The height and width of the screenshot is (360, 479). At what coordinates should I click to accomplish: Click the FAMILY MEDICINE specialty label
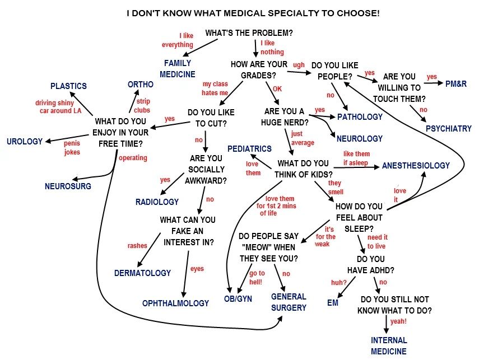point(178,68)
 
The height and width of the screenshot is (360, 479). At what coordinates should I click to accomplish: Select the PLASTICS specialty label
point(68,86)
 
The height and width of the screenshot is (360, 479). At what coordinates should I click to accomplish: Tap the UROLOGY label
point(25,142)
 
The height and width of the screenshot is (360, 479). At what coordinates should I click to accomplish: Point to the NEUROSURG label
point(68,186)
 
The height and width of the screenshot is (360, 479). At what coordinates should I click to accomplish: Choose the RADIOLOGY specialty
point(157,202)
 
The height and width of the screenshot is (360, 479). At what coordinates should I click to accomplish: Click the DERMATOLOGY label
point(142,273)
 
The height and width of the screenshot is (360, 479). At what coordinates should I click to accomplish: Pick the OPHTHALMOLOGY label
point(175,303)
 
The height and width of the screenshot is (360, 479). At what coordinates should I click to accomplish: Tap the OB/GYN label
point(238,300)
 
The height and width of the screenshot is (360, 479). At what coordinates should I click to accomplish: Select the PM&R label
point(455,84)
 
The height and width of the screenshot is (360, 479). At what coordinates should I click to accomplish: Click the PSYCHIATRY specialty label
point(448,129)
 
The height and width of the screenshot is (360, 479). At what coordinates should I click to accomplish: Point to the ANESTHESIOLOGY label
point(416,166)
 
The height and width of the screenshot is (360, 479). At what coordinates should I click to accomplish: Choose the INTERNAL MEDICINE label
point(389,345)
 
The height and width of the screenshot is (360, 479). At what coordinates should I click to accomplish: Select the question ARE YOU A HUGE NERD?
point(285,117)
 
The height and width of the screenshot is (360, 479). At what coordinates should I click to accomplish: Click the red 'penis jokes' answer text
point(72,148)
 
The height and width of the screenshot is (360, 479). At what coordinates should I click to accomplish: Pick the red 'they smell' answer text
point(336,188)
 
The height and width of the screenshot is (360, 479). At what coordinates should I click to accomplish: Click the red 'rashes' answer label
point(137,246)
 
